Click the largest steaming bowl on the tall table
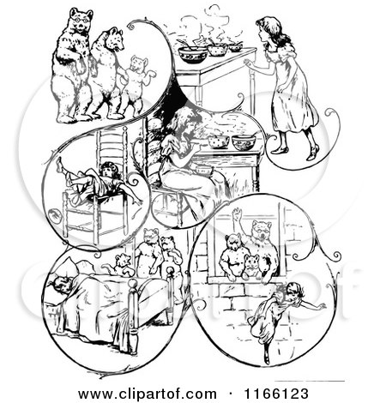[x=193, y=54]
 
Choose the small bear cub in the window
[x=250, y=264]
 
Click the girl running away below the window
[x=283, y=317]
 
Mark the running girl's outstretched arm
[x=314, y=304]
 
